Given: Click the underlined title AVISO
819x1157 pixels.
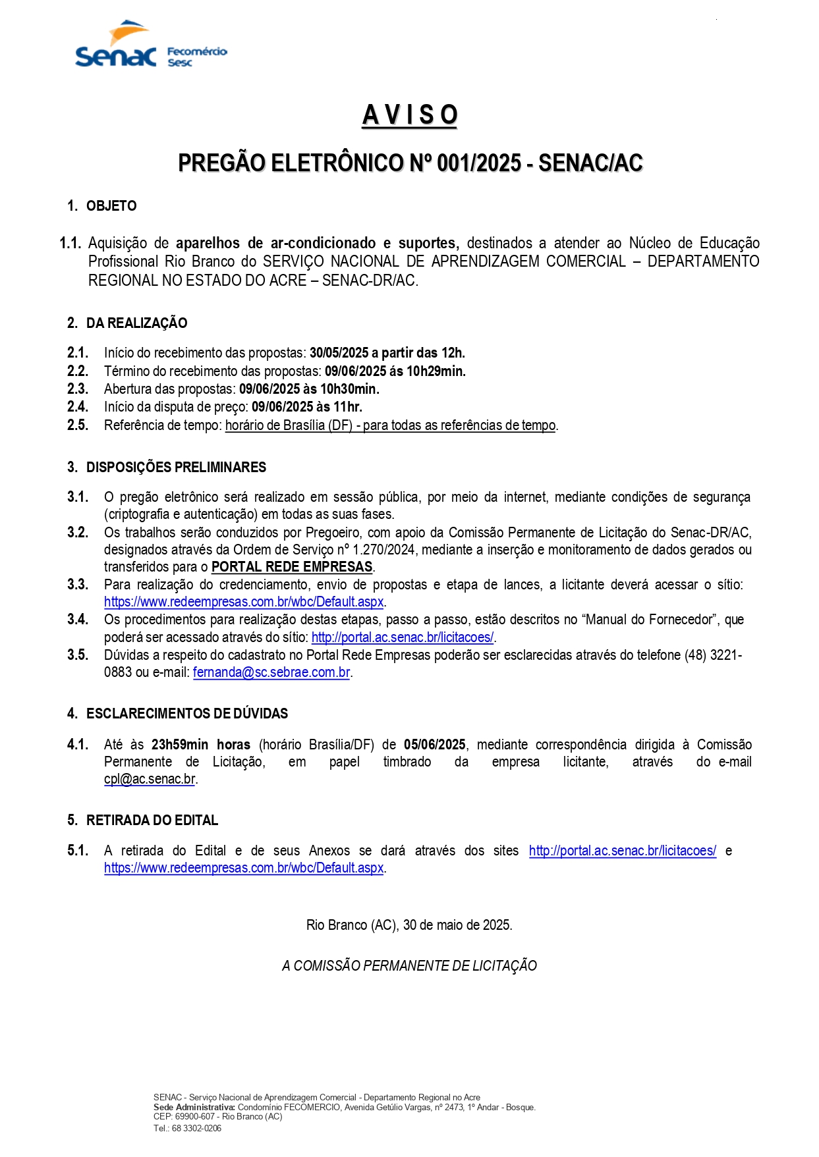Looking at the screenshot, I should [409, 115].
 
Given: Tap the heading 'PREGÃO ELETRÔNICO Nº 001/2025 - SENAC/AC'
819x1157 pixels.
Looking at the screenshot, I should [410, 163].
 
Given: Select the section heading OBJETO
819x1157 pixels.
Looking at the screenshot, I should [111, 206].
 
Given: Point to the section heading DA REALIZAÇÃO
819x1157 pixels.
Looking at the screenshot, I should [136, 323].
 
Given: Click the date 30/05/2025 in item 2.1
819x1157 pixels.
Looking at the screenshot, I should [339, 353].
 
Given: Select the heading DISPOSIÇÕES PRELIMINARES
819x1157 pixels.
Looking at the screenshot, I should [176, 468].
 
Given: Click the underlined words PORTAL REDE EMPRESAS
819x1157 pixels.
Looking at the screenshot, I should [292, 567].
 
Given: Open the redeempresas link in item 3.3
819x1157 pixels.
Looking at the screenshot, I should [244, 602].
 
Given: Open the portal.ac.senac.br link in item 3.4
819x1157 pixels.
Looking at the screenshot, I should [402, 637].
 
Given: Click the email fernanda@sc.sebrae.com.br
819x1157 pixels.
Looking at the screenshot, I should [271, 673].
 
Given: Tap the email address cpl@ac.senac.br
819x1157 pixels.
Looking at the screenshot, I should [150, 779].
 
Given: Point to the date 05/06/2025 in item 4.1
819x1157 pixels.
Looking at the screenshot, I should [434, 745].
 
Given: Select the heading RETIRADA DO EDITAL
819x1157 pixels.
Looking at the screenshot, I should [152, 821].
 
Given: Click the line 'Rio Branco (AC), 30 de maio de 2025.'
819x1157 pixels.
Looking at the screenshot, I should [409, 925].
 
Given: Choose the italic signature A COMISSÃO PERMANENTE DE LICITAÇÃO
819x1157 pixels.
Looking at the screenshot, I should [409, 966].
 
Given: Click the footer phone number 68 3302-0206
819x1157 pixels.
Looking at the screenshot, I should [196, 1128].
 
